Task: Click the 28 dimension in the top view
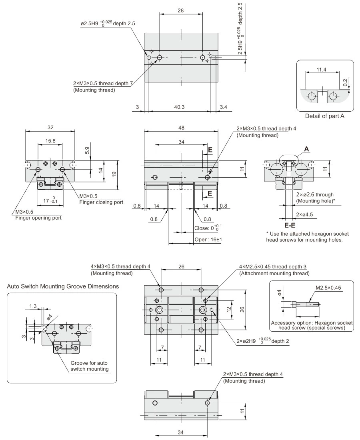180,11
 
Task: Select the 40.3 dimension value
180,107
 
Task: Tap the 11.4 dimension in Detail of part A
321,70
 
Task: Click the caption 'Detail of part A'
324,116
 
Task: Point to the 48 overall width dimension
181,128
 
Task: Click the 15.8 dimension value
50,140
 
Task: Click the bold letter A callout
307,149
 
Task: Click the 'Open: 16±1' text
208,240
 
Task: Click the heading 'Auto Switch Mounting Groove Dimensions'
63,286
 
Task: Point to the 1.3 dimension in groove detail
33,306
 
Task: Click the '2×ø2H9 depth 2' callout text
262,341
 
